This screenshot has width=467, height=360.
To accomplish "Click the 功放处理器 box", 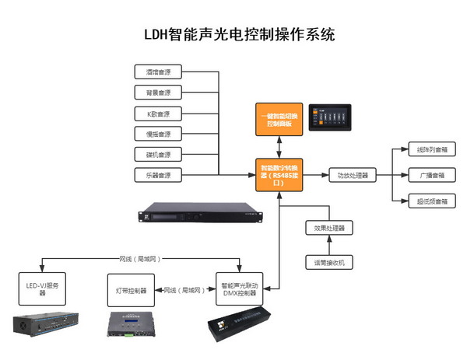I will [352, 175].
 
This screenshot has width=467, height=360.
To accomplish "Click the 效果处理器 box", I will [329, 229].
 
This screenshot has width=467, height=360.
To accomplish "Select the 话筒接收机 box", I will [329, 263].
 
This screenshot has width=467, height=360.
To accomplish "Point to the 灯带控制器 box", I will [131, 290].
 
